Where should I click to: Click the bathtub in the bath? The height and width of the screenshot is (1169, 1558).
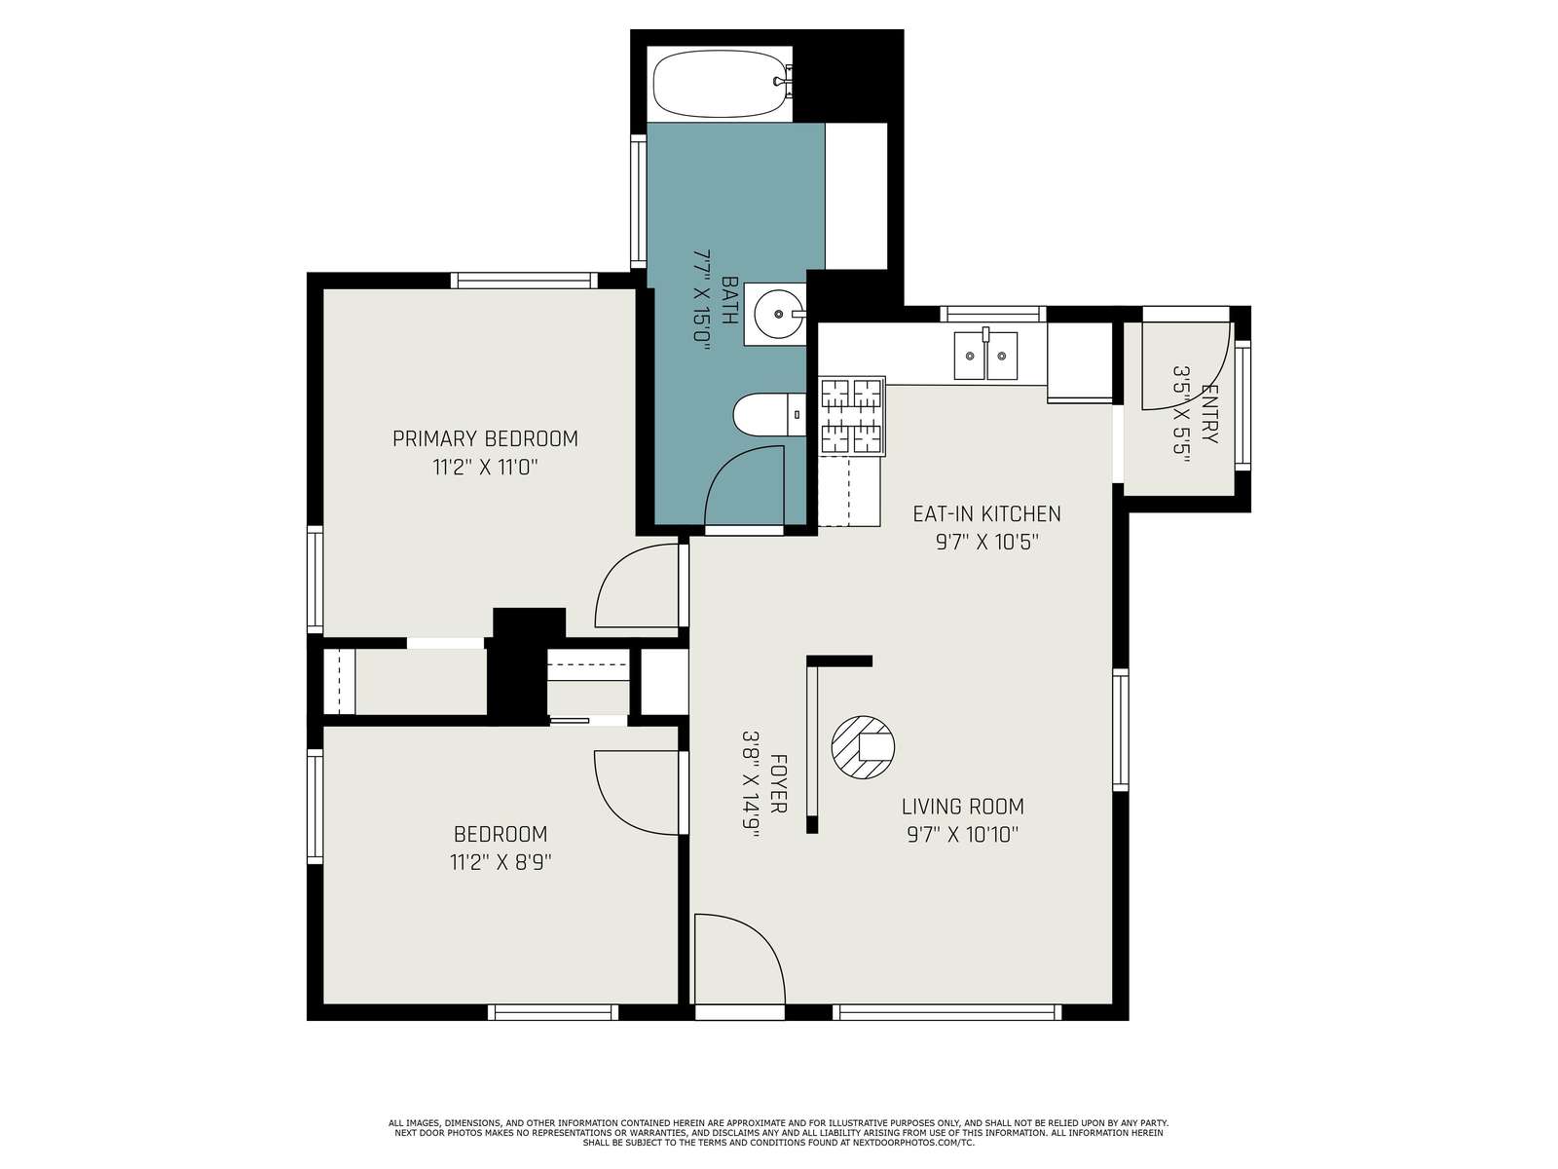point(720,84)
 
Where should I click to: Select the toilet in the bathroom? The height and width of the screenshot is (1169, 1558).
point(768,415)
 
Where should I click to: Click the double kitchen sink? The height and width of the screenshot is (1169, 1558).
point(985,355)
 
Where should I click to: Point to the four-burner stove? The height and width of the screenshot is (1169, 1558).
point(852,415)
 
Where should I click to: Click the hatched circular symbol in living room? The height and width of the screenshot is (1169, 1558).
point(863,746)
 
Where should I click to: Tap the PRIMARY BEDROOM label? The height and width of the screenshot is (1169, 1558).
point(485,438)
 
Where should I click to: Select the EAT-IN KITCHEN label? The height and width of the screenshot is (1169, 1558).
point(985,513)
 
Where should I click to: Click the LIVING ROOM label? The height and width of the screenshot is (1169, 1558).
point(962,807)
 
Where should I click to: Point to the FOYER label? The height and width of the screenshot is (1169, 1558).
point(779,783)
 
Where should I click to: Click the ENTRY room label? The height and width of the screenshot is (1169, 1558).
point(1208,414)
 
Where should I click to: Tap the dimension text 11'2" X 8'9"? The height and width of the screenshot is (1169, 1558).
point(501,862)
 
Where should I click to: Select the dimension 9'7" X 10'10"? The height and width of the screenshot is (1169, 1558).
point(962,835)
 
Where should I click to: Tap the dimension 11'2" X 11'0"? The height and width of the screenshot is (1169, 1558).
point(485,468)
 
